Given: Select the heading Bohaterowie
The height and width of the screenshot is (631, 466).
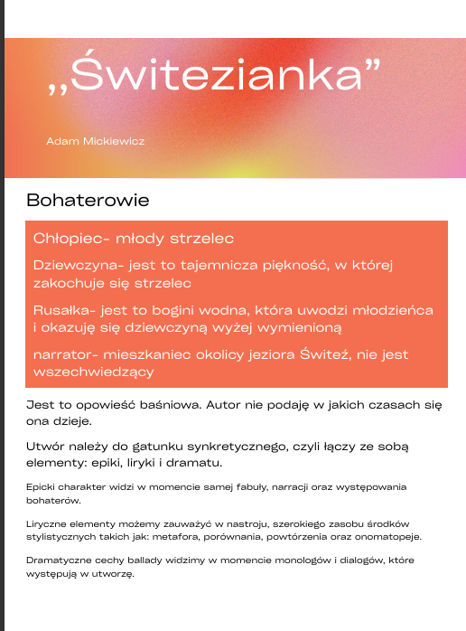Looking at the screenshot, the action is tap(88, 200).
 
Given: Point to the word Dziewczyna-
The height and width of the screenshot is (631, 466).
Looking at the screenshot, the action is tap(78, 266).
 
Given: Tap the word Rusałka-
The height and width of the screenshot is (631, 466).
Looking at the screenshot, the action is tap(64, 310).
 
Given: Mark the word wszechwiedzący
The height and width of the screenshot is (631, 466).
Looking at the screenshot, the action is tap(93, 372).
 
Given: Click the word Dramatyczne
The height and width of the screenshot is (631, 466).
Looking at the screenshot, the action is tap(59, 560).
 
